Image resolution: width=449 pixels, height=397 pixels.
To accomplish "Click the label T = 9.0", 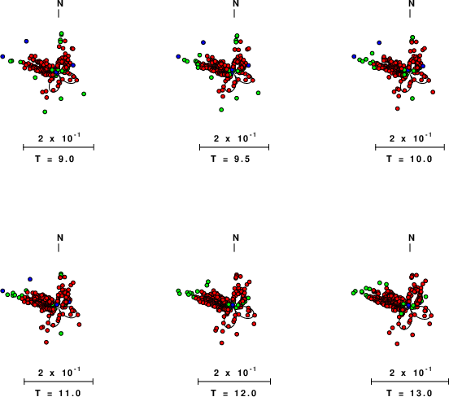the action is pos(54,159).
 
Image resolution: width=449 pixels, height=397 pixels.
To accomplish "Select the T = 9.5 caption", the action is pos(230,159).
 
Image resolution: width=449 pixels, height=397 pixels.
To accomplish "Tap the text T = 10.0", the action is pos(409,159).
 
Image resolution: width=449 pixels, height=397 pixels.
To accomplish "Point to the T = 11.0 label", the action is pos(58,393).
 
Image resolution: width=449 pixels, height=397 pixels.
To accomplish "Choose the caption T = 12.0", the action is pos(233,393).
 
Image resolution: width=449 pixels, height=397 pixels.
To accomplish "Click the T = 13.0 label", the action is pos(409,393).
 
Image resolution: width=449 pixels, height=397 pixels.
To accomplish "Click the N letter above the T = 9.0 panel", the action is pos(60,3).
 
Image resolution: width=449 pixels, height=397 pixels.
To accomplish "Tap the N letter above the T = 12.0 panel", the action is pos(236,238).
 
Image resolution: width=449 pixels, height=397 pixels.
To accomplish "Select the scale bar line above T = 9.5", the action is pos(234,147).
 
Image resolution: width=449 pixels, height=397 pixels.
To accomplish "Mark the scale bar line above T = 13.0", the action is pos(410,382).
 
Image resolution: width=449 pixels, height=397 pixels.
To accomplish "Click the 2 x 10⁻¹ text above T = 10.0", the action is pos(410,138).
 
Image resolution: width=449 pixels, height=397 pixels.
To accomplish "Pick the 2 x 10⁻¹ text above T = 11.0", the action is pos(59,372).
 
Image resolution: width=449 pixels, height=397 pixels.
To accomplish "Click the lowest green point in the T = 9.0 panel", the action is pos(45,111).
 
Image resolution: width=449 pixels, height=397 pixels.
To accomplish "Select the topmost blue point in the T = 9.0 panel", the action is pos(26,41).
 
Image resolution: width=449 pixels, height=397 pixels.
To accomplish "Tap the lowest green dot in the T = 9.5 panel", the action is pos(221,110).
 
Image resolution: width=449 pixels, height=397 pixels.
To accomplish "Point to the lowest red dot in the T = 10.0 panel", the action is pos(398,108).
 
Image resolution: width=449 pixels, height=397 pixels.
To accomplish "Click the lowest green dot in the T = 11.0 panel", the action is pos(61,334).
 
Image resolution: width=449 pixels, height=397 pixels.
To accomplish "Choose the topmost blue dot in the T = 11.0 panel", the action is pos(30,279).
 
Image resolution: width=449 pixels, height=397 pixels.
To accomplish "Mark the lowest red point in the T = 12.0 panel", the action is pos(221,342).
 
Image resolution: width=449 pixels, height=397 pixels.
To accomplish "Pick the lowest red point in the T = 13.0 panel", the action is pos(397,343).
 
